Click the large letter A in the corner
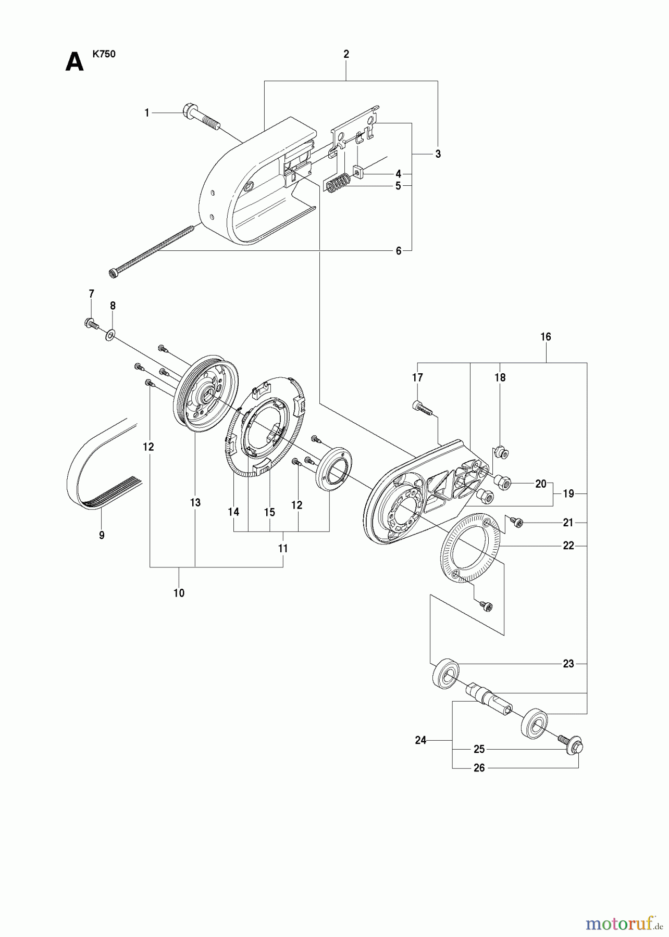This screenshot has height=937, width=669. click(x=74, y=62)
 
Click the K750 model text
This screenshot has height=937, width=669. click(x=104, y=54)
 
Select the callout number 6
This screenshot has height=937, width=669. click(x=399, y=251)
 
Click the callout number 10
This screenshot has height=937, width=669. click(x=179, y=593)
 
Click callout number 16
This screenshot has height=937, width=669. click(x=546, y=337)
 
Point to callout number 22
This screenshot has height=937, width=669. click(x=568, y=546)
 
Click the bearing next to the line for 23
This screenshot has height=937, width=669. click(x=445, y=675)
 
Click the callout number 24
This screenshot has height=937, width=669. click(x=420, y=740)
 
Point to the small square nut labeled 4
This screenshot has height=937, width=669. click(x=358, y=171)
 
